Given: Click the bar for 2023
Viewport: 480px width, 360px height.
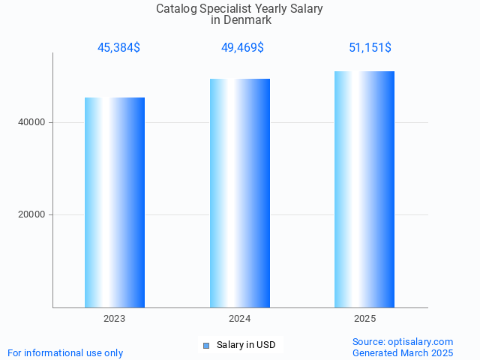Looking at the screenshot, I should pyautogui.click(x=115, y=202).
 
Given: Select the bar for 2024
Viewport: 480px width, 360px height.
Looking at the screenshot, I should pyautogui.click(x=240, y=193).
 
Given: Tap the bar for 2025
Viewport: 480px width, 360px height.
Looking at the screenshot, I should pyautogui.click(x=364, y=189).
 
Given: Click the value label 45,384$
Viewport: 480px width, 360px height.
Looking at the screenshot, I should pyautogui.click(x=118, y=48).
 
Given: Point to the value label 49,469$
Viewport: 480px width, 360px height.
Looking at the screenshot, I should pyautogui.click(x=242, y=48).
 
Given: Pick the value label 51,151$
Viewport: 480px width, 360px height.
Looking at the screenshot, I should pyautogui.click(x=370, y=48).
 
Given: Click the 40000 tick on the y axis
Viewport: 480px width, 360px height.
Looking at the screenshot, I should pyautogui.click(x=31, y=122).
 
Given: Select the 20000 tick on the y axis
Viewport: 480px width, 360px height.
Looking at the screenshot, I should pyautogui.click(x=31, y=214).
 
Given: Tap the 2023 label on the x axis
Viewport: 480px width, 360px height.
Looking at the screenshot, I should pyautogui.click(x=115, y=319).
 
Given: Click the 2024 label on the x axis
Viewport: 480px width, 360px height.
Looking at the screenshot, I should pyautogui.click(x=240, y=319).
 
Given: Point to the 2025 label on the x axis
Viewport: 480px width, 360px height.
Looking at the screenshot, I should pyautogui.click(x=364, y=319).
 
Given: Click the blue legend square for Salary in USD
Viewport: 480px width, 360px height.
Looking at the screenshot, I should pyautogui.click(x=206, y=345).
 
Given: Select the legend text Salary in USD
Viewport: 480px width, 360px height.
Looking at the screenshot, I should pyautogui.click(x=246, y=345).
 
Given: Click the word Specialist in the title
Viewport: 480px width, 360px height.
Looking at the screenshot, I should pyautogui.click(x=228, y=9).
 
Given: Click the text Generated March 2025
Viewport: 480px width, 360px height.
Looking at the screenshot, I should pyautogui.click(x=403, y=352).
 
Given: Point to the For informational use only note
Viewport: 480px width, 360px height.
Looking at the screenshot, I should pyautogui.click(x=65, y=352).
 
